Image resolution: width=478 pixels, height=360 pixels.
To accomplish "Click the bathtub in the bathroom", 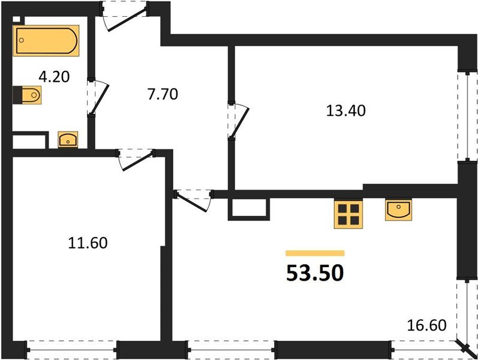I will pyautogui.click(x=47, y=40).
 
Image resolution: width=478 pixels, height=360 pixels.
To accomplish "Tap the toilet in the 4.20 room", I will pyautogui.click(x=28, y=94).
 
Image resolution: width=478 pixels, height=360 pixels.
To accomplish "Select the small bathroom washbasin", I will pyautogui.click(x=68, y=140).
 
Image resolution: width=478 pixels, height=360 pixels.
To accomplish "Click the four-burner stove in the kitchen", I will pyautogui.click(x=348, y=214).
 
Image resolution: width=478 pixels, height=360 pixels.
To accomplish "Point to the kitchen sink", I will pyautogui.click(x=398, y=209).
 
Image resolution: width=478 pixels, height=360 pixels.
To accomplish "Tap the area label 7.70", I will pyautogui.click(x=163, y=94).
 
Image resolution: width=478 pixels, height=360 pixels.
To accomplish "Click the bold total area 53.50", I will pyautogui.click(x=315, y=273).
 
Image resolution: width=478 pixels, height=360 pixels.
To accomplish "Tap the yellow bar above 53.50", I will pyautogui.click(x=315, y=253).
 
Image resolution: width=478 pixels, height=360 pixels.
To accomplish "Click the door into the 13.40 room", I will pyautogui.click(x=238, y=122).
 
